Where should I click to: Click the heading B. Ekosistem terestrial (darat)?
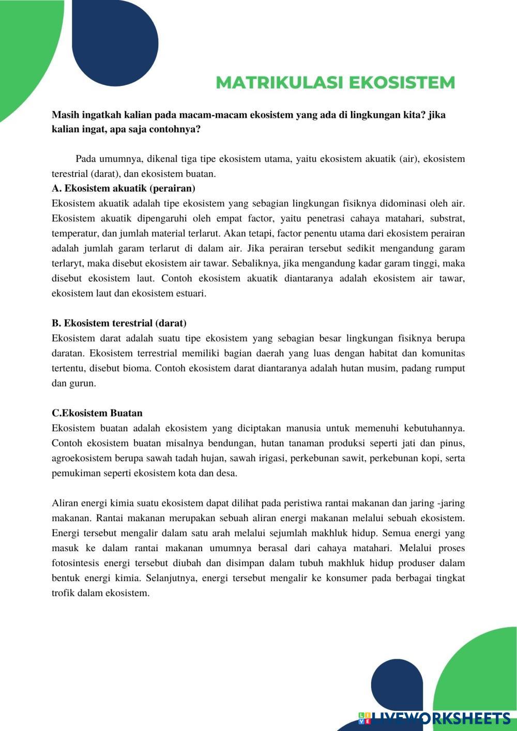click(119, 323)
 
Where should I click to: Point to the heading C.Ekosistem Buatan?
click(97, 413)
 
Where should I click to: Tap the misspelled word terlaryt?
click(67, 263)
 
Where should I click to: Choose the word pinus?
click(452, 443)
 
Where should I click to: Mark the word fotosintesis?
click(75, 563)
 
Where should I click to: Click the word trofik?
click(63, 593)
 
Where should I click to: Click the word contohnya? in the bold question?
click(175, 129)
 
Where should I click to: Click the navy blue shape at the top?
click(115, 41)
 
